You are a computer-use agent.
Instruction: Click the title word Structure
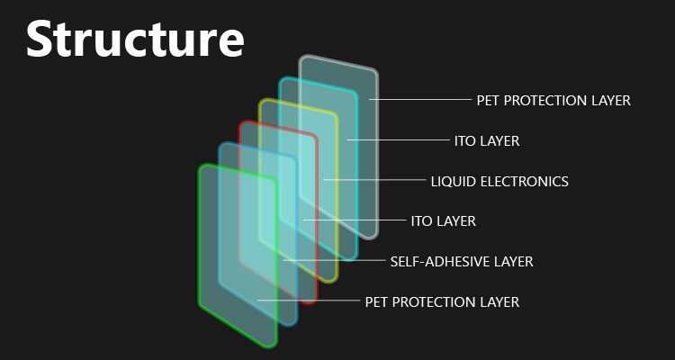point(135,39)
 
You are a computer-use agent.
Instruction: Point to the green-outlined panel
point(238,256)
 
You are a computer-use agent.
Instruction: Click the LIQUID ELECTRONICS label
point(499,181)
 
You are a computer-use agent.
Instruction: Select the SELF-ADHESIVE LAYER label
point(462,261)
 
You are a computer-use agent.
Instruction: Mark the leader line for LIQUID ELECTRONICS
point(374,180)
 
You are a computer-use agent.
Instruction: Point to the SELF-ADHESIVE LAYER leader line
point(334,260)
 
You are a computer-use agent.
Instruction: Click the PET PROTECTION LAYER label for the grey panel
point(553,100)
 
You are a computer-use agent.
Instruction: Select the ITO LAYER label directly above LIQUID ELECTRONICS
point(487,140)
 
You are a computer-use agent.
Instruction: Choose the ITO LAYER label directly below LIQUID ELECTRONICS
point(444,221)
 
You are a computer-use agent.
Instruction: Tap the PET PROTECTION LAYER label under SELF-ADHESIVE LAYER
point(442,301)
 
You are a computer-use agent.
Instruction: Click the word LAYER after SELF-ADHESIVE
point(513,261)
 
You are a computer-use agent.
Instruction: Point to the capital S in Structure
point(39,39)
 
